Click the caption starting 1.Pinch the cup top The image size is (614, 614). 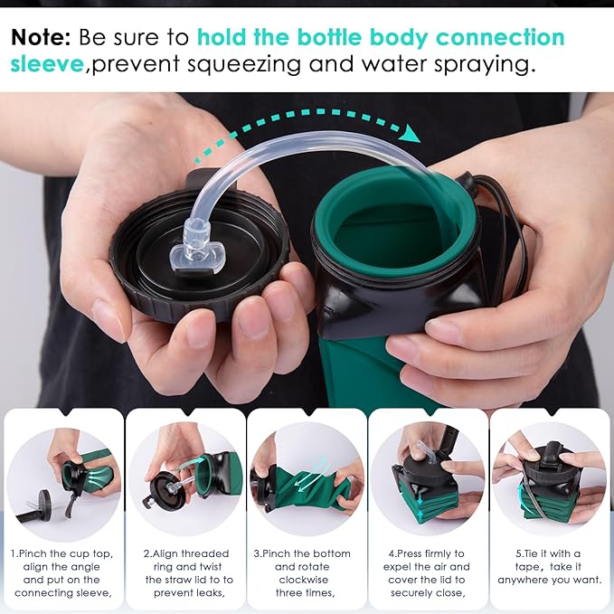63,572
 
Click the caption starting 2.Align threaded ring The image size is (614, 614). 185,572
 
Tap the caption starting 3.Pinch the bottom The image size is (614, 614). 307,572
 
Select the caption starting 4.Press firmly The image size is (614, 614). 430,572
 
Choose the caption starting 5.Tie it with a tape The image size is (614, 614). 551,566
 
